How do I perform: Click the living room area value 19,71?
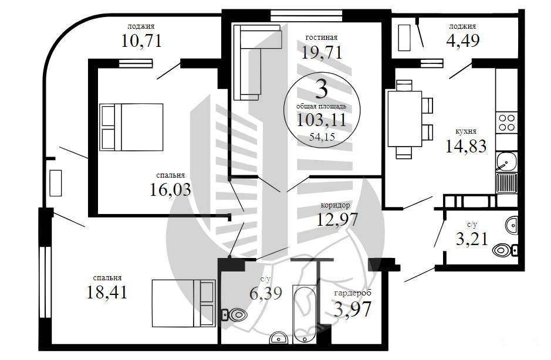coord(322,53)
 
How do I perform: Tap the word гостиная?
coord(321,37)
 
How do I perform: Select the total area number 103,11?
coord(322,120)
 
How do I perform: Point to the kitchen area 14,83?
coord(465,146)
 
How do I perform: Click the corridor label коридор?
coord(335,205)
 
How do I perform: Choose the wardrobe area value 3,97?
coord(352,309)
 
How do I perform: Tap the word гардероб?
coord(353,293)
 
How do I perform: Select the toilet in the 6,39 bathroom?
coord(234,314)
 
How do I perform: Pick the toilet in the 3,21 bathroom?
coord(505,250)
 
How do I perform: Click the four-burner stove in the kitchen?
coord(506,122)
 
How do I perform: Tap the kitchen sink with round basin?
coord(506,162)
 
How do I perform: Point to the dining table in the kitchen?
coord(404,118)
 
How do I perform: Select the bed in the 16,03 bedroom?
coord(131,127)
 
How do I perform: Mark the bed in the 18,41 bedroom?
coord(184,303)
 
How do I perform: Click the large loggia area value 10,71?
coord(141,40)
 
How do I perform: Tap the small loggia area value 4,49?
coord(463,40)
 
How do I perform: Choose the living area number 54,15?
coord(322,137)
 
